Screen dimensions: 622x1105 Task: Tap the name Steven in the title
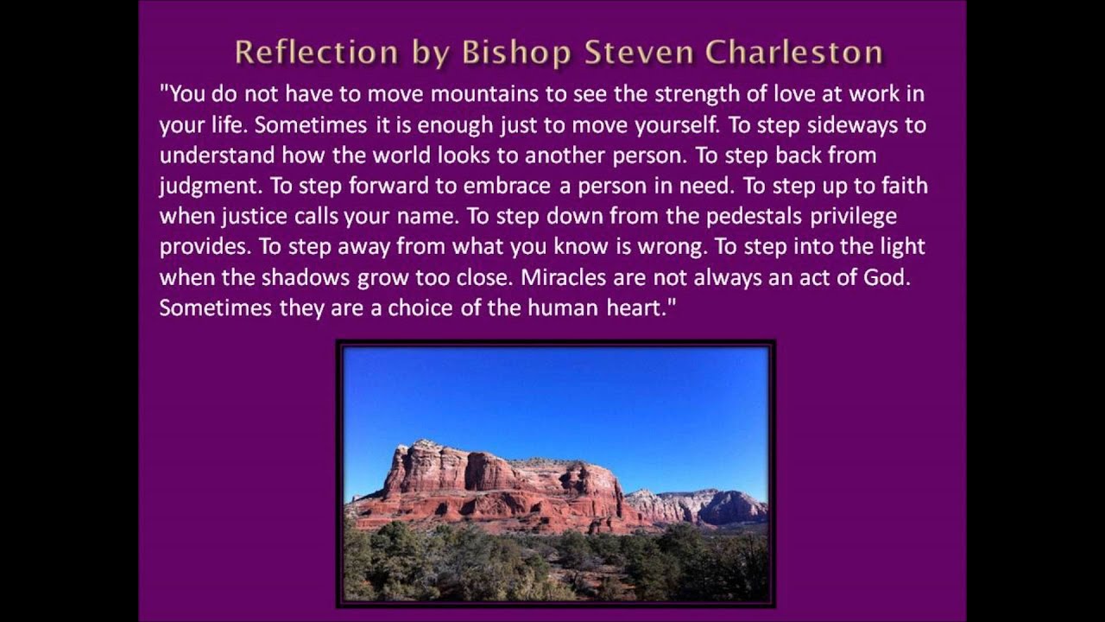(x=639, y=53)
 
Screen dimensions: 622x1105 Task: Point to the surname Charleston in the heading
(x=793, y=53)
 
